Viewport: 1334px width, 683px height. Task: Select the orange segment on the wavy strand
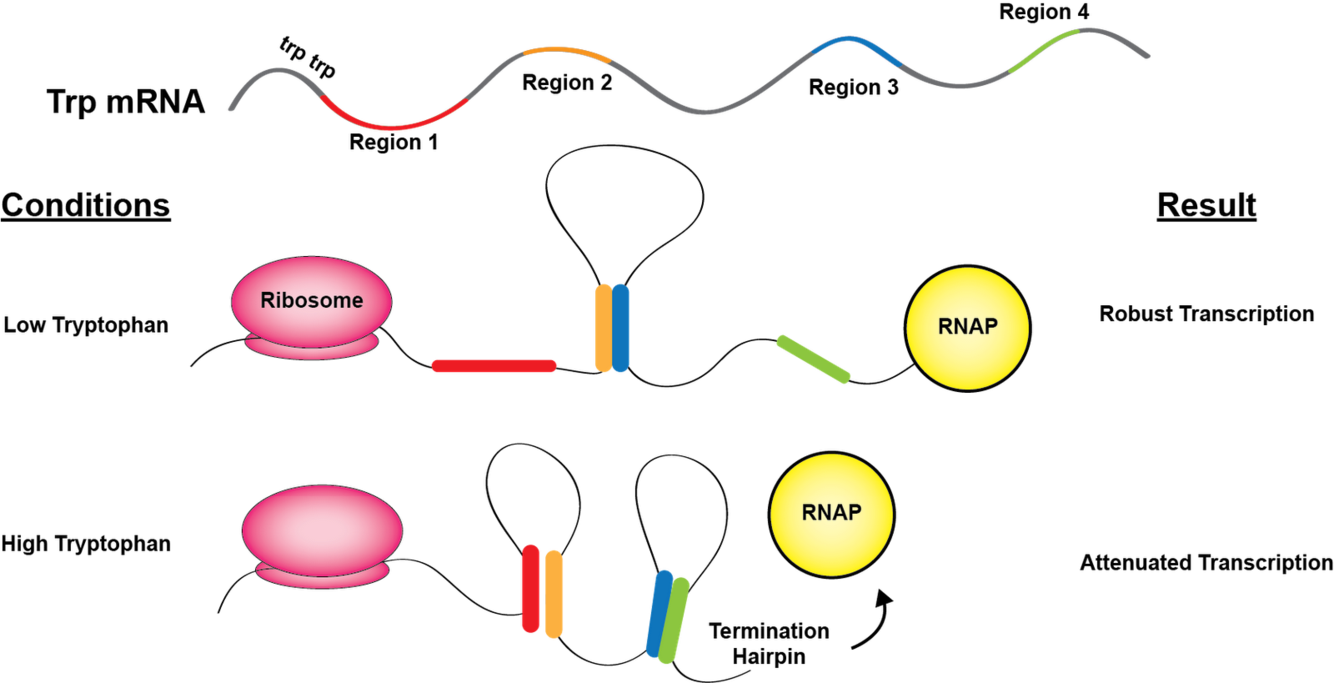[x=566, y=50]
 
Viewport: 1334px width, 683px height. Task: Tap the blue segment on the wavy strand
[x=856, y=46]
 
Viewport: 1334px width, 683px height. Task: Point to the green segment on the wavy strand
[x=1044, y=51]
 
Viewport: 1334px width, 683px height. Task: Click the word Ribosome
[x=311, y=300]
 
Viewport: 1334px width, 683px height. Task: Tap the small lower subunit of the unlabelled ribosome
[x=322, y=577]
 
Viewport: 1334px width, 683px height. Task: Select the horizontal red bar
[x=494, y=366]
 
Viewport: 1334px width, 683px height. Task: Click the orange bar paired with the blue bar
[x=602, y=328]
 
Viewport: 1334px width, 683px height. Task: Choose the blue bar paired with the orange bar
[x=621, y=328]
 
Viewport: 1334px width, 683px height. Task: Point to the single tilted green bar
[x=813, y=359]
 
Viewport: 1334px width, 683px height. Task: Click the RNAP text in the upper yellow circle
[x=967, y=327]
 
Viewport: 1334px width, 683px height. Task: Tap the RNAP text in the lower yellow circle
[x=831, y=513]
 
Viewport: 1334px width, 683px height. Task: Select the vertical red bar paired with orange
[x=530, y=589]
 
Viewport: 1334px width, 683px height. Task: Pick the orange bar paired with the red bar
[x=554, y=592]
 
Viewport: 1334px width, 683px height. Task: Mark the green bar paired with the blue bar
[x=675, y=620]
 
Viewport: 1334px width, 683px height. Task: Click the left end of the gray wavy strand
[x=231, y=107]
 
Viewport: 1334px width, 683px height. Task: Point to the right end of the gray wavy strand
[x=1148, y=55]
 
